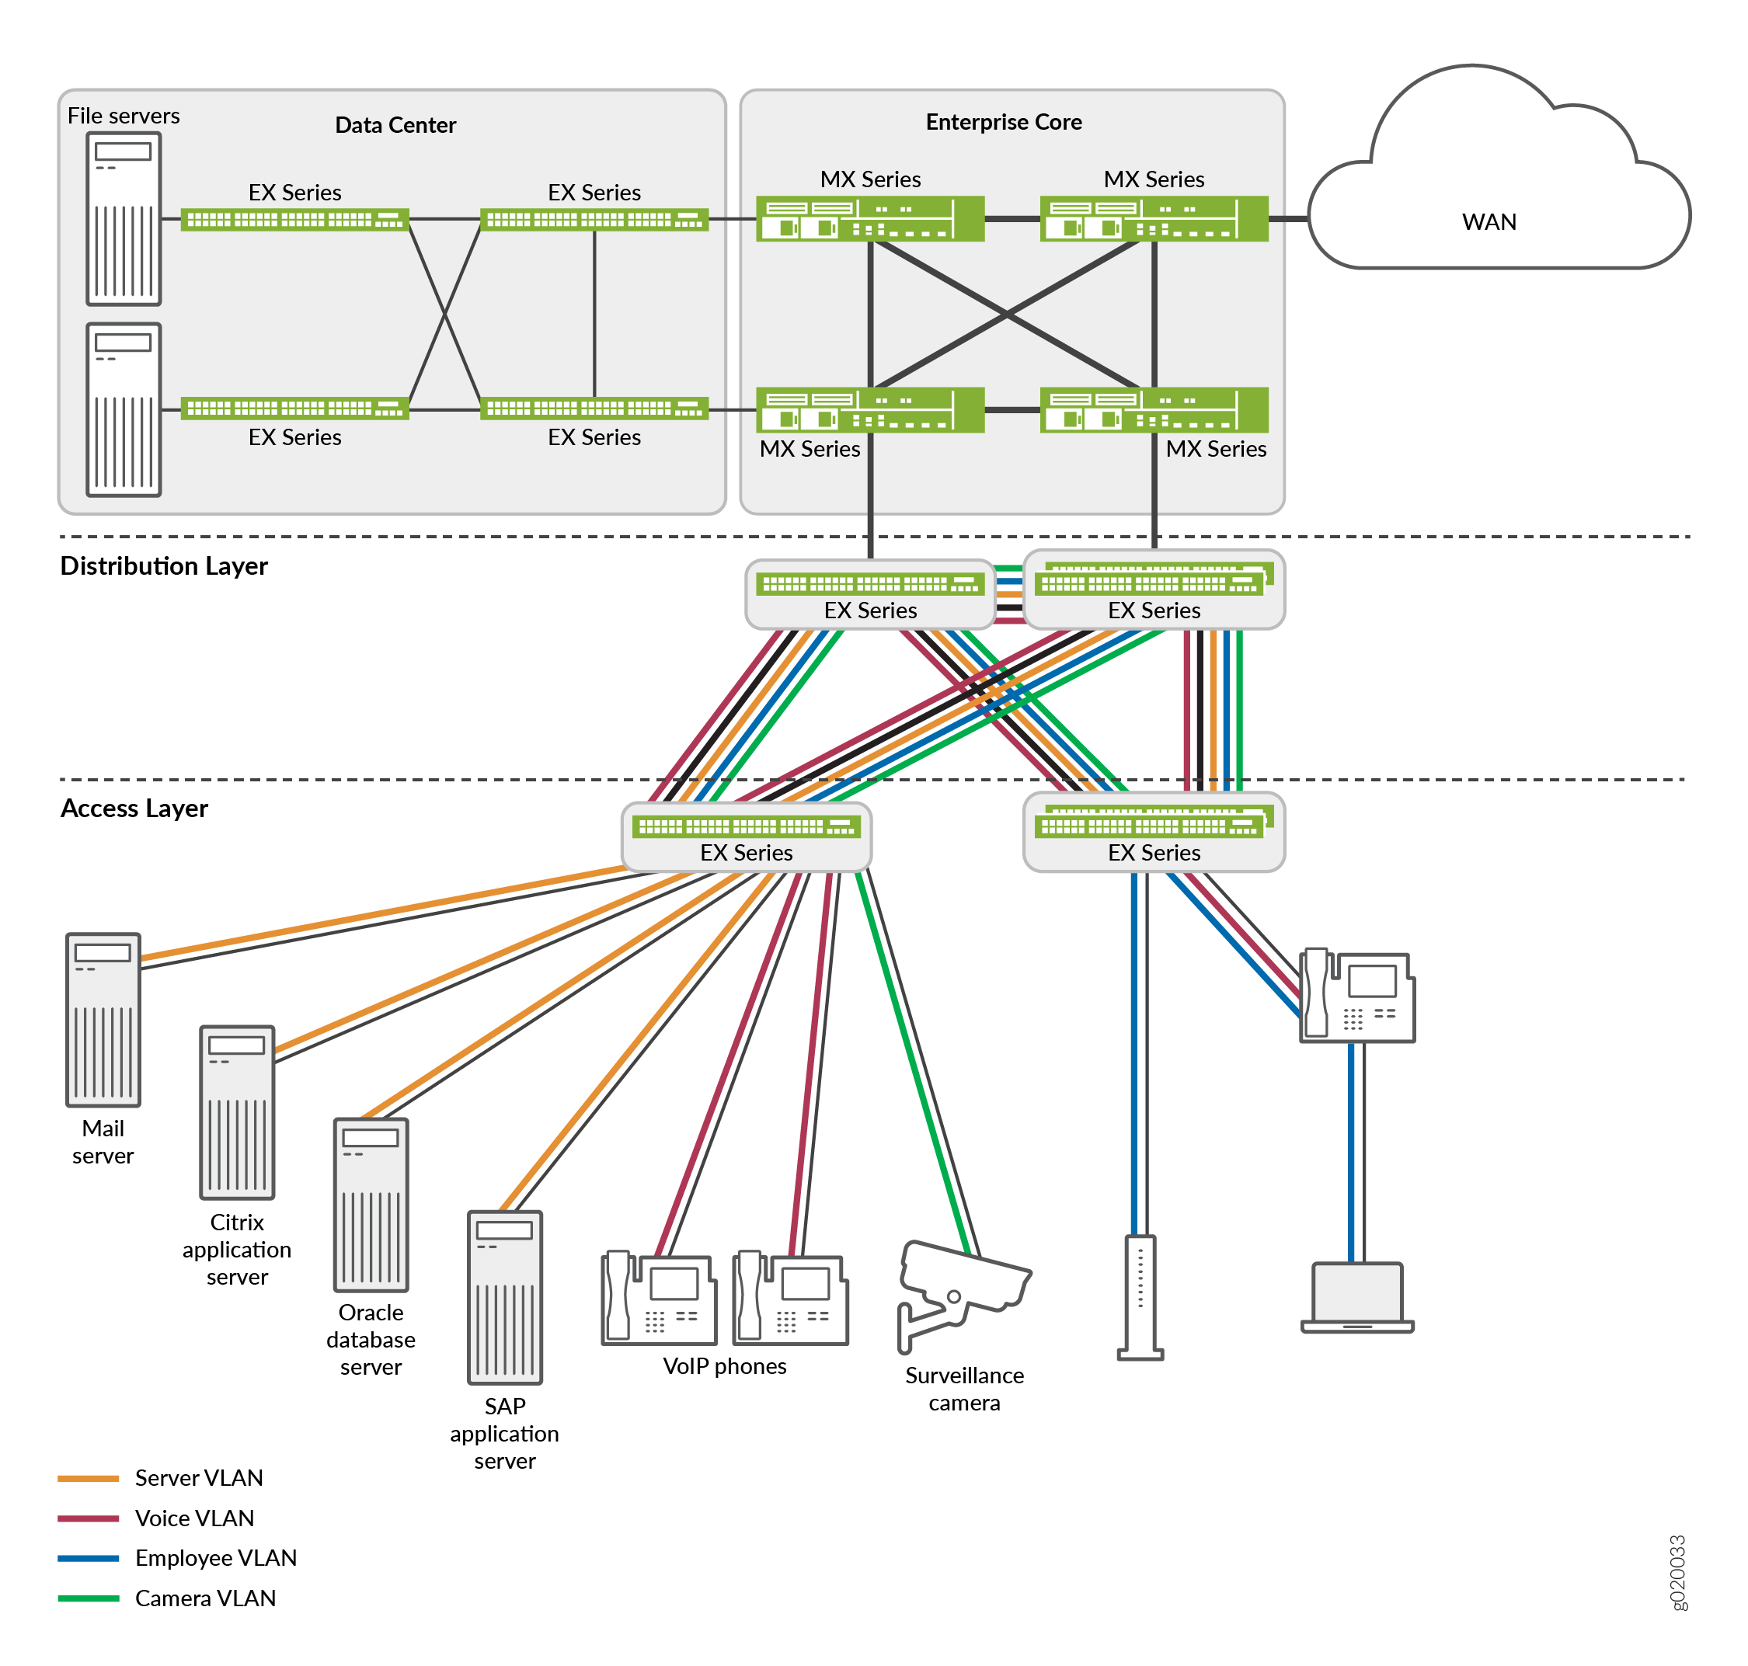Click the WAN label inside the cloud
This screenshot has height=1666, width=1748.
[1489, 221]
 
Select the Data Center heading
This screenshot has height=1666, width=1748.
[395, 124]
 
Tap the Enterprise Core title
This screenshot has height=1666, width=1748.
[1003, 122]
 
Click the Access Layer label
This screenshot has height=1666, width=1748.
[134, 808]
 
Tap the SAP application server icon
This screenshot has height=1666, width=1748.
[504, 1296]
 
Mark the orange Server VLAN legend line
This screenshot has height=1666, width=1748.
[88, 1479]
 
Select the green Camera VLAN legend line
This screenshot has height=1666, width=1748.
[88, 1598]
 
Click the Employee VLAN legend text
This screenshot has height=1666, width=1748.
[216, 1558]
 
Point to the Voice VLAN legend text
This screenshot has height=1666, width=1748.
[194, 1518]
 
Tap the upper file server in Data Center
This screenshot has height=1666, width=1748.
[124, 218]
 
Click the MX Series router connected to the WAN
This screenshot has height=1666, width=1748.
[1153, 218]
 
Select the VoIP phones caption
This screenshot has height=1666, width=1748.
[724, 1366]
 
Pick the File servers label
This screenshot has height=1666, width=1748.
[124, 116]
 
